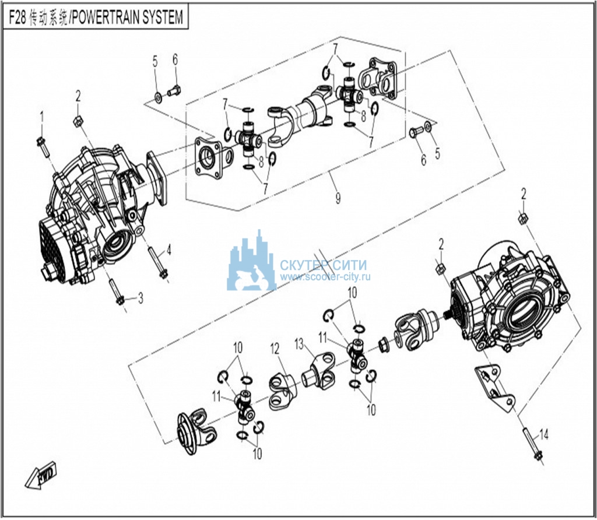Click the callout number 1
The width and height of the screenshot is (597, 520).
coord(41,115)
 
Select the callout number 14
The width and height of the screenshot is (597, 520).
coord(544,434)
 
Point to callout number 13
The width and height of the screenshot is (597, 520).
coord(299,342)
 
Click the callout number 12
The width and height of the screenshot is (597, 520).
coord(275,348)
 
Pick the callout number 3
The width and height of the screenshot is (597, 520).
coord(140,298)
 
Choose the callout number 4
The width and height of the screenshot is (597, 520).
coord(169,251)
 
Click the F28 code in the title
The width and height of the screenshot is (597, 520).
coord(19,18)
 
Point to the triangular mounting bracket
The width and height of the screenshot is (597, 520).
coord(494,388)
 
